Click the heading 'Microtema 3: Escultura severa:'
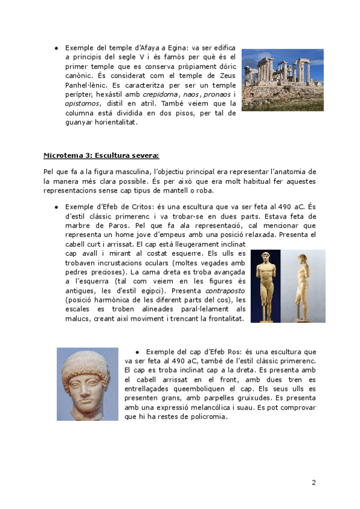click(101, 155)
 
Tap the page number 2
click(314, 483)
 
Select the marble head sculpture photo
click(88, 384)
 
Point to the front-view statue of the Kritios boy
click(265, 286)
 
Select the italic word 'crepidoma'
click(159, 94)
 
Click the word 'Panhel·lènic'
click(86, 85)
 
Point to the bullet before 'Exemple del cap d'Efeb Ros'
click(137, 351)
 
